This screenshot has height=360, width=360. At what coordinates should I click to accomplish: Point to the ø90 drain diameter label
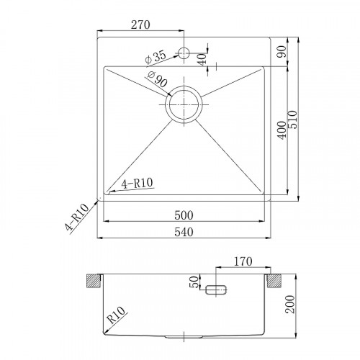157,80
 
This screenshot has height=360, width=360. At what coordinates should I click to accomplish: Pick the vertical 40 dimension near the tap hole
202,57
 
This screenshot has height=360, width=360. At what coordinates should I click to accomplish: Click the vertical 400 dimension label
281,131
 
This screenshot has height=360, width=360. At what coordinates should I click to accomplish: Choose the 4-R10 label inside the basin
135,183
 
